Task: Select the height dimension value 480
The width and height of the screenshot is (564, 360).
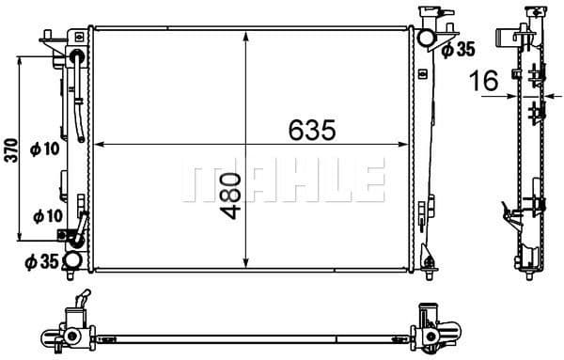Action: [232, 194]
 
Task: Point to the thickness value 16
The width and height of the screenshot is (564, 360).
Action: [485, 82]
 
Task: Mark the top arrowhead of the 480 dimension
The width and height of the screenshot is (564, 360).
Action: [245, 36]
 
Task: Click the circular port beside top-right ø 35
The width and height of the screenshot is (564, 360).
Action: [428, 39]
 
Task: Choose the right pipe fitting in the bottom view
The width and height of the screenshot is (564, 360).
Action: [434, 331]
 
